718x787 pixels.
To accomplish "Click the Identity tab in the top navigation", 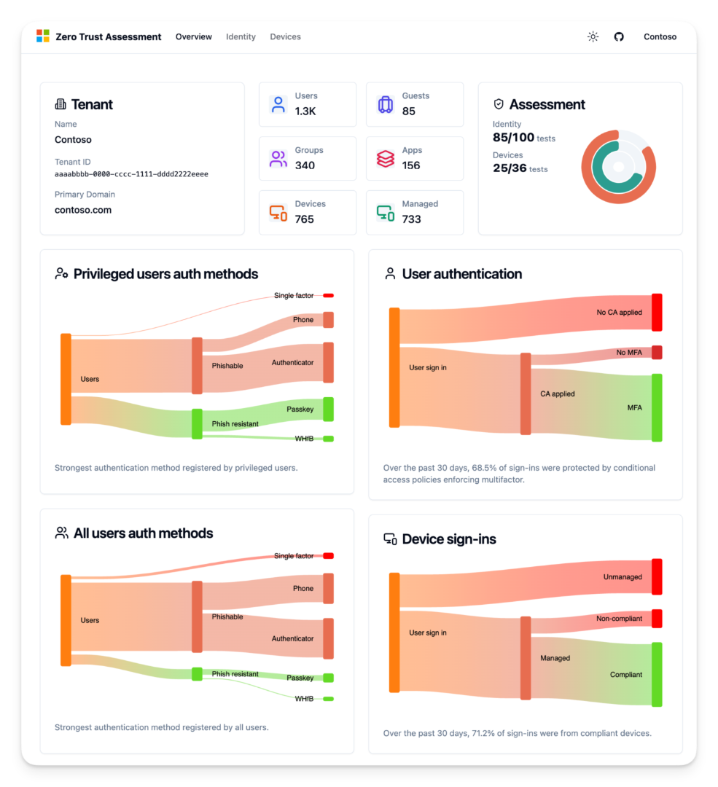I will coord(241,36).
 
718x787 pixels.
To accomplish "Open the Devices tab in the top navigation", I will coord(285,36).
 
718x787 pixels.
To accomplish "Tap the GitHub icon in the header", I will coord(619,36).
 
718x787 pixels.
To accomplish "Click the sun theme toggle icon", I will coord(593,36).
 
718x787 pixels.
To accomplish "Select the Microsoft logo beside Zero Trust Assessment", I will coord(43,36).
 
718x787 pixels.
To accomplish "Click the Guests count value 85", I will coord(408,111).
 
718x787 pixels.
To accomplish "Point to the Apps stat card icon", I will coord(386,158).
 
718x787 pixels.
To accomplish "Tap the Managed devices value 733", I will coord(411,219).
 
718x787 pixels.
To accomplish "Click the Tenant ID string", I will coord(131,174).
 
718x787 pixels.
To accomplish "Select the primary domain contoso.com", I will coord(83,210).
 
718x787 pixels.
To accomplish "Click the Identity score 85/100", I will coord(513,137).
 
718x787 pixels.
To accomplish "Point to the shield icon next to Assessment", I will coord(499,104).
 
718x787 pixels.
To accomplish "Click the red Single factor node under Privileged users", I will coord(328,295).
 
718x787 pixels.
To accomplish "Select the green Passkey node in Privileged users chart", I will coord(328,409).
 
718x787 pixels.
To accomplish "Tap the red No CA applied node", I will coord(657,312).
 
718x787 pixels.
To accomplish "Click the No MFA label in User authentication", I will coord(628,353).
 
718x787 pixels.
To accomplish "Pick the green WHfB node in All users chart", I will coord(328,699).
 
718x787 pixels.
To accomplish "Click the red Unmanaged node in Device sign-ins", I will coord(657,576).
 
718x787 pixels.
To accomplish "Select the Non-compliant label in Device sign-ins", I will coord(619,619).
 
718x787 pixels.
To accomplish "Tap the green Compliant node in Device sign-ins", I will coord(657,674).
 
